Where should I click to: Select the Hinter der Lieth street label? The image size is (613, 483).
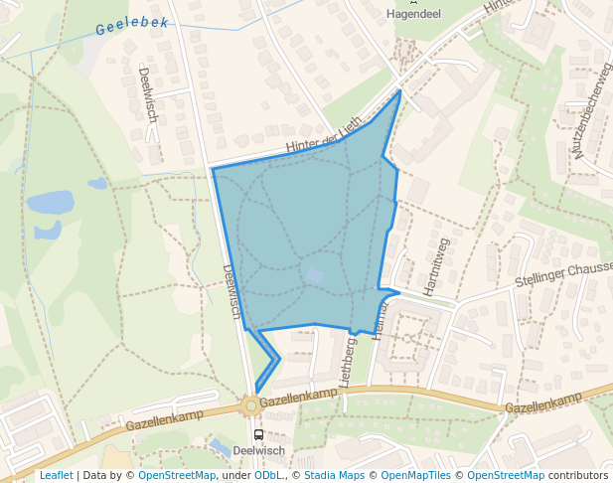(x=324, y=136)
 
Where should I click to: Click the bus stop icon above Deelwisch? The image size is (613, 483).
(x=259, y=434)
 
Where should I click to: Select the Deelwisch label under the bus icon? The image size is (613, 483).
(x=259, y=450)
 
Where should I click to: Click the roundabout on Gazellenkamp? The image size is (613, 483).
(x=250, y=404)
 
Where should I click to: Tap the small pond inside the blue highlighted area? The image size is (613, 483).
(x=314, y=275)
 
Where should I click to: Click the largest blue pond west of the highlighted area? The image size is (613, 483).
(x=50, y=203)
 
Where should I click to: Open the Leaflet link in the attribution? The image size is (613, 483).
(x=56, y=475)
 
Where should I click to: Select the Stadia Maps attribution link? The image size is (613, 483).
(x=334, y=475)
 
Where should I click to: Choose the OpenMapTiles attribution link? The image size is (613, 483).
(x=416, y=475)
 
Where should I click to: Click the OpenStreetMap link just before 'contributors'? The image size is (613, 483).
(x=506, y=475)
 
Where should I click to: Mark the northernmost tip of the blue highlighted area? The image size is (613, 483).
(x=400, y=90)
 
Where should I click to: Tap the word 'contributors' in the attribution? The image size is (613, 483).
(x=578, y=475)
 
